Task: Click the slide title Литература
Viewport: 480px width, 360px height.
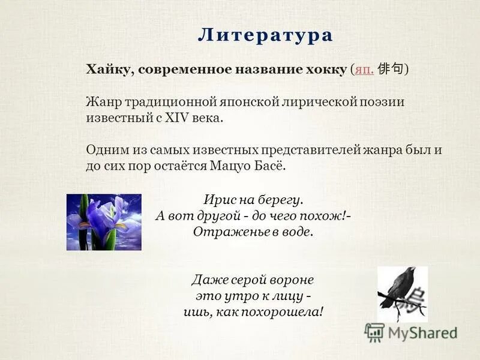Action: click(265, 35)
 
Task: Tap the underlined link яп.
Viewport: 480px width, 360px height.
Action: click(364, 70)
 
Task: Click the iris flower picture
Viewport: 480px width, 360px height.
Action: click(104, 222)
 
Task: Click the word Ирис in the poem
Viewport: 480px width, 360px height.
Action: click(220, 199)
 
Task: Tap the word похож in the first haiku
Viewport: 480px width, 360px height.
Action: click(329, 215)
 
